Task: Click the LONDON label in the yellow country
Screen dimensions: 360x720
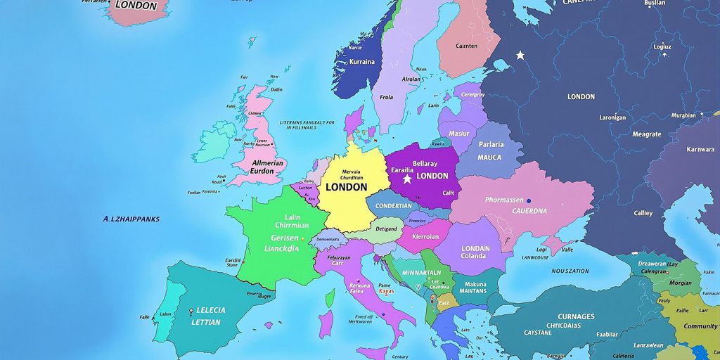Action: (x=346, y=187)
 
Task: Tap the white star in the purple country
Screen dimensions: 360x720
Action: (x=407, y=180)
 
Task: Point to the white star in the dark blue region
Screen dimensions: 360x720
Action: (x=520, y=54)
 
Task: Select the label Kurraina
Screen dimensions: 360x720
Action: (x=362, y=62)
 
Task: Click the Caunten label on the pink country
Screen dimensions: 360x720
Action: (x=466, y=46)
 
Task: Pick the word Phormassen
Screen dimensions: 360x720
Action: (x=504, y=200)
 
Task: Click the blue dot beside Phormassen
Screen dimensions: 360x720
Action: (x=528, y=201)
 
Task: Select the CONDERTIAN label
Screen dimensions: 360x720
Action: (x=394, y=206)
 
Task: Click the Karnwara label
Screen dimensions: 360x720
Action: (x=700, y=149)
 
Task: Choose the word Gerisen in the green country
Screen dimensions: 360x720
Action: (x=285, y=238)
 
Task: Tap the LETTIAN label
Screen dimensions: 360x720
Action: (x=206, y=323)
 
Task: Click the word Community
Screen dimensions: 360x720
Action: (x=700, y=326)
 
